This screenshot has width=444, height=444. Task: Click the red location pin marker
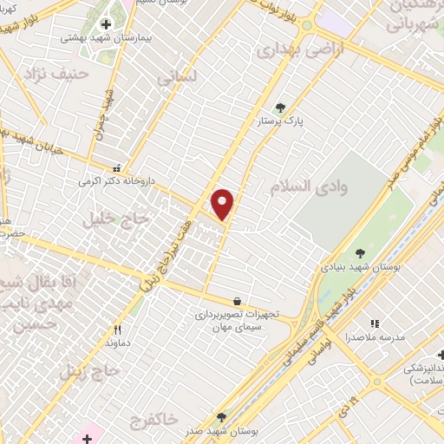tap(223, 203)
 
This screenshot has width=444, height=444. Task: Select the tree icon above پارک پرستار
tap(280, 108)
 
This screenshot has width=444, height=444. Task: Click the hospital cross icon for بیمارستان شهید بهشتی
tap(106, 24)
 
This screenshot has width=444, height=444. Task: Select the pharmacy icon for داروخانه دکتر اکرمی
tap(118, 169)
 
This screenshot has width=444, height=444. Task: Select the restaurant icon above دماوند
tap(118, 330)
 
